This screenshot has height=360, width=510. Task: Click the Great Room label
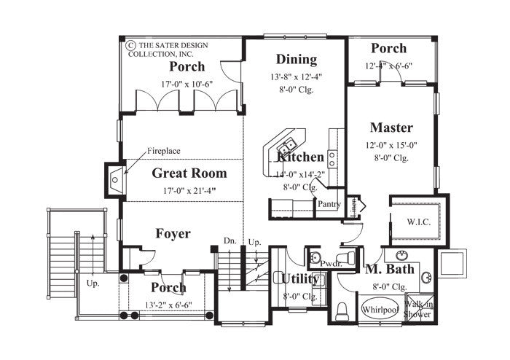(x=189, y=173)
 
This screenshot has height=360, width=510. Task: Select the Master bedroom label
(x=391, y=128)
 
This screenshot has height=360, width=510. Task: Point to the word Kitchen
(x=300, y=157)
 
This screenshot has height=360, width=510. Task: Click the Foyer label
(x=173, y=234)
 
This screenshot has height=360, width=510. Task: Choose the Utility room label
(x=295, y=279)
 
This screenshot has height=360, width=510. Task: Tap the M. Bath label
(x=390, y=270)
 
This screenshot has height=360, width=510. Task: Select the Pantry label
(x=329, y=205)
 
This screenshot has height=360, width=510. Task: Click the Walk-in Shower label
(x=420, y=310)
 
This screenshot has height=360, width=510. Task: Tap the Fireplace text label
(x=163, y=151)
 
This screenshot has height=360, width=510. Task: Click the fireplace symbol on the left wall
(x=115, y=176)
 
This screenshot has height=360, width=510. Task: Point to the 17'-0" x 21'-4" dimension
(x=189, y=191)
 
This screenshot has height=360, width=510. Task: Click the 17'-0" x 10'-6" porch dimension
(x=187, y=83)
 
